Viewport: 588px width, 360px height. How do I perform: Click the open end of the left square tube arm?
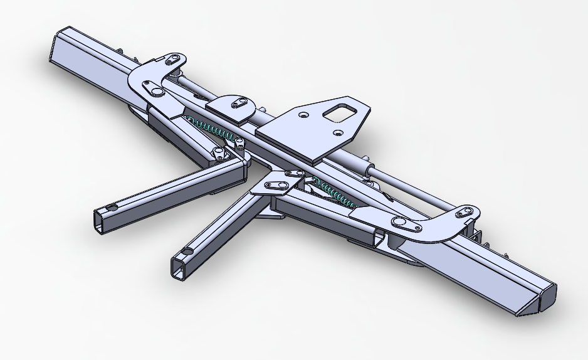tap(100, 220)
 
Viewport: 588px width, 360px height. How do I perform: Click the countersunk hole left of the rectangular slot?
tap(303, 115)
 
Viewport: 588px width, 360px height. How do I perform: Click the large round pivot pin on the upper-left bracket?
tap(152, 88)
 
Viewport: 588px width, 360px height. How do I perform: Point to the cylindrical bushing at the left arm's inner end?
tap(219, 153)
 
